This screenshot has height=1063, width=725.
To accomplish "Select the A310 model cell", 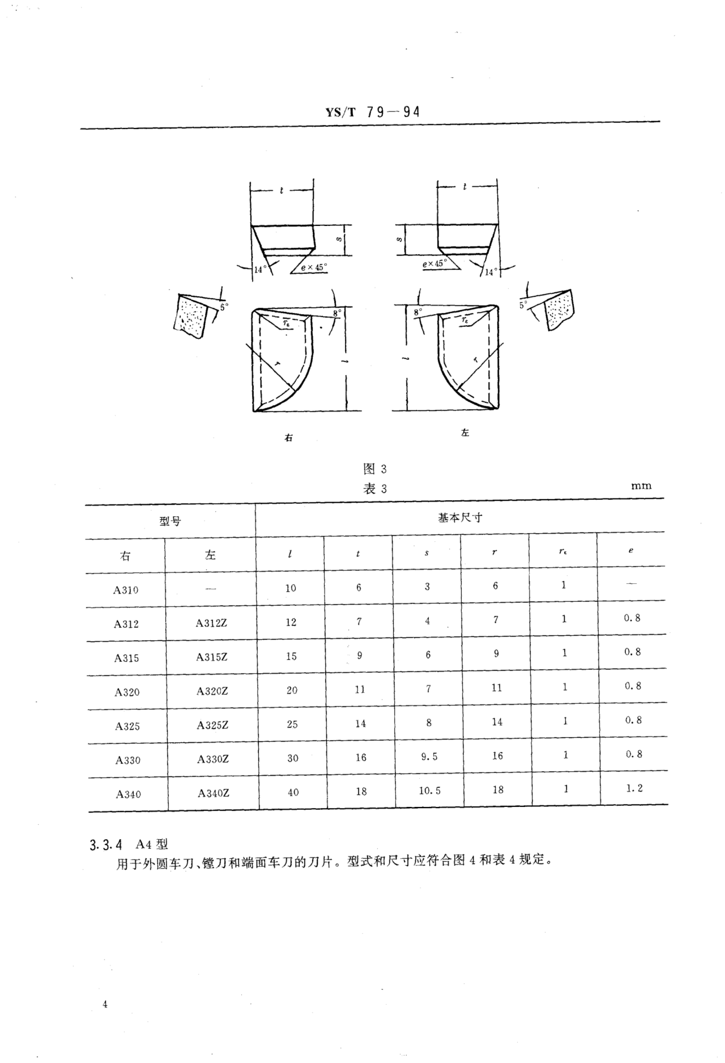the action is click(x=126, y=590).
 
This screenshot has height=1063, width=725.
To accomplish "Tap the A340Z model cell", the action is click(x=213, y=793).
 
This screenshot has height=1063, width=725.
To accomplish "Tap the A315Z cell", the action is click(x=212, y=657).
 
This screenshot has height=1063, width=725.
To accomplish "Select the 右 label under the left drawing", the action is click(x=289, y=438).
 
